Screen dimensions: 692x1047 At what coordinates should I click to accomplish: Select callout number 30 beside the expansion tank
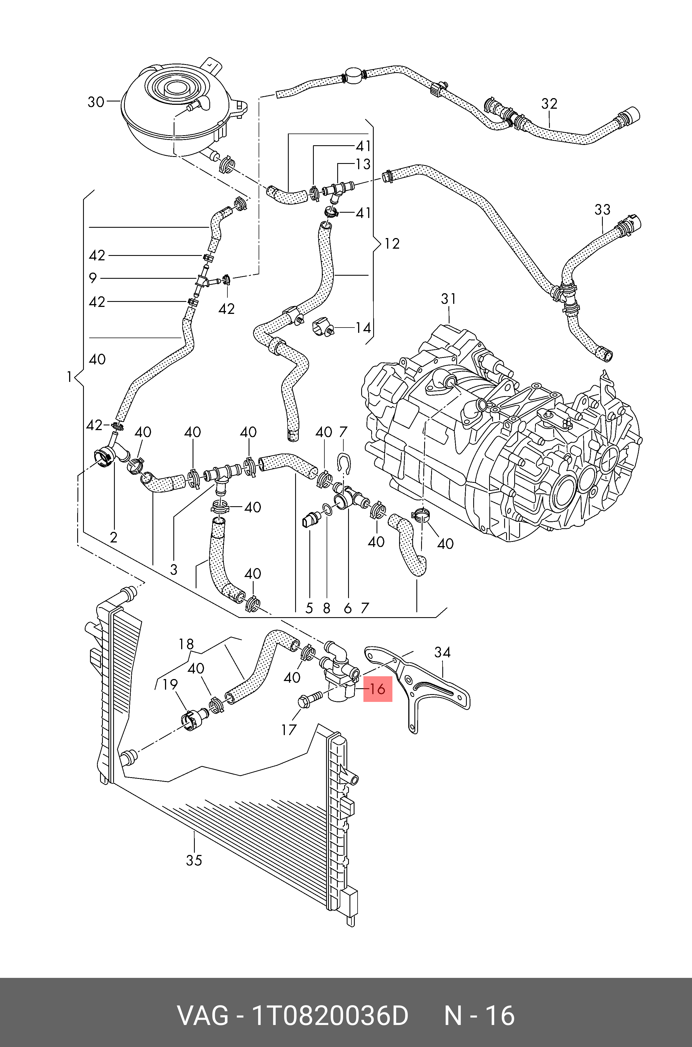[96, 102]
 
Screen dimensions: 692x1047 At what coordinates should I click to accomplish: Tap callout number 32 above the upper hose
[550, 104]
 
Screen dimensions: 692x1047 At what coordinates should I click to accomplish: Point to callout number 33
[603, 210]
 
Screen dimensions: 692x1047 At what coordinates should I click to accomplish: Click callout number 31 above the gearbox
[448, 299]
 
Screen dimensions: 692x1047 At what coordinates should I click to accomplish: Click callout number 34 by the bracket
[442, 652]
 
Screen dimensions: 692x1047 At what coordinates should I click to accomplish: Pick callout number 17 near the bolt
[289, 729]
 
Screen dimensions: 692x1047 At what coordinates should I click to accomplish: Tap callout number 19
[170, 685]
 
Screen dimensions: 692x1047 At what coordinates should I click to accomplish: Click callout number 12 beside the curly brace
[392, 244]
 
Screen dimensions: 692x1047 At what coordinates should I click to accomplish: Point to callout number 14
[363, 328]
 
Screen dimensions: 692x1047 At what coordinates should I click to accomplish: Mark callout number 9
[93, 278]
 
